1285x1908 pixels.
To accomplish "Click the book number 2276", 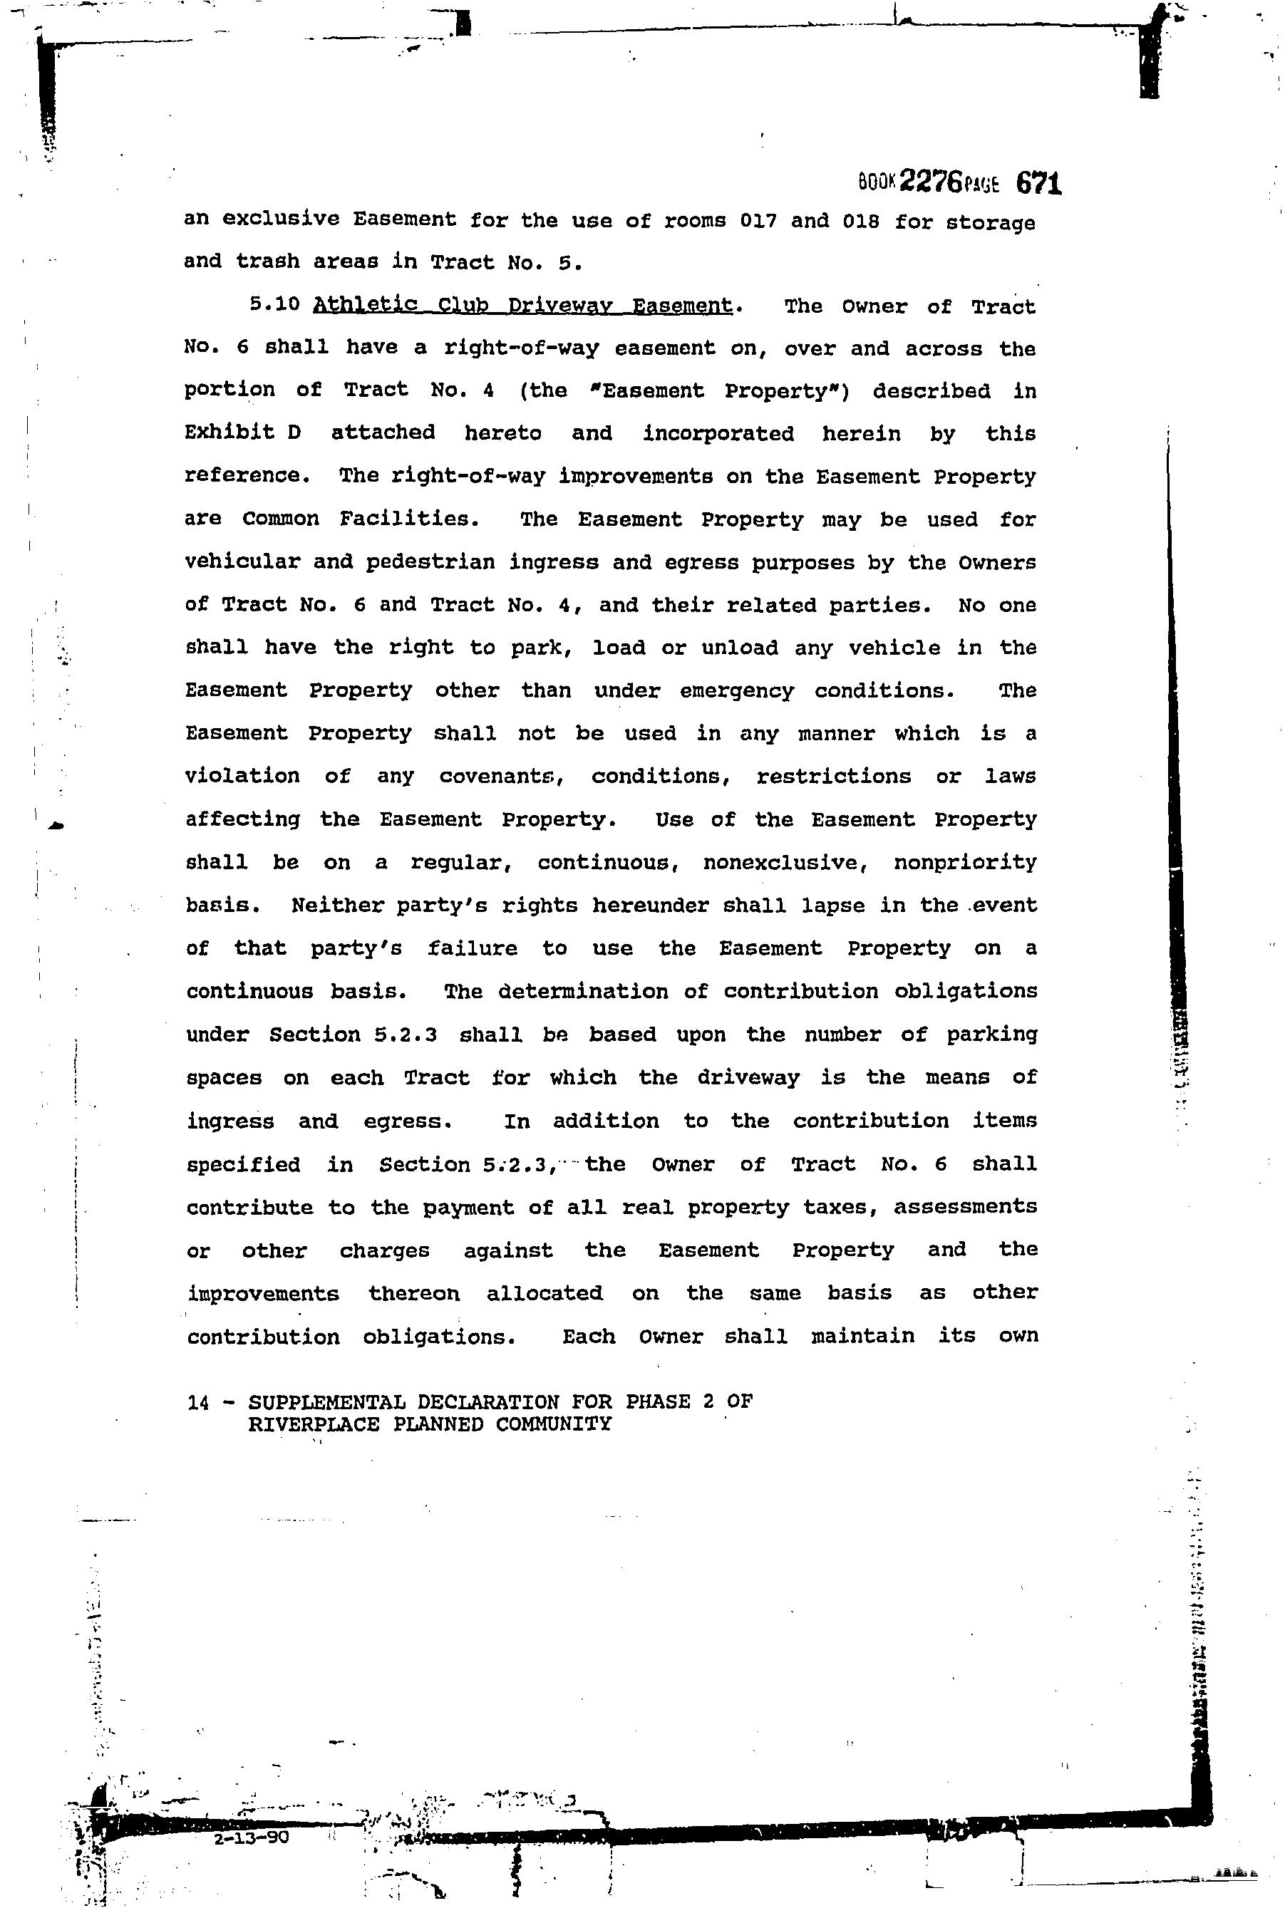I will [931, 182].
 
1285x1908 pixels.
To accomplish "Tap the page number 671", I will [1039, 182].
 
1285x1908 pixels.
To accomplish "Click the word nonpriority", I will [964, 862].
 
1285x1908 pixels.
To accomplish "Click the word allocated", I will [545, 1292].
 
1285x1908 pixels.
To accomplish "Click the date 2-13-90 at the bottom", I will [251, 1837].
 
